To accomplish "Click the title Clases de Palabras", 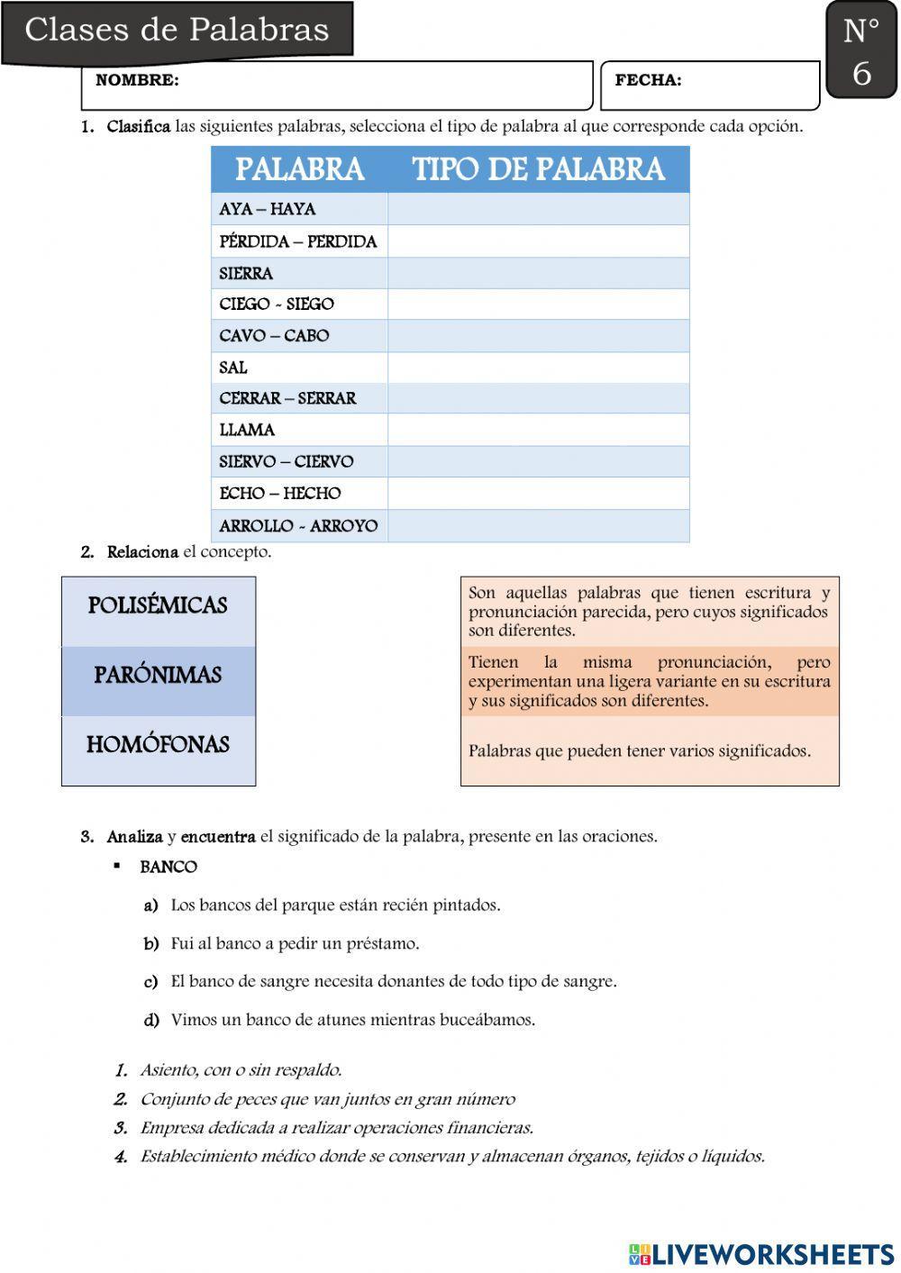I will [x=177, y=30].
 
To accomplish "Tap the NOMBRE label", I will [x=137, y=80].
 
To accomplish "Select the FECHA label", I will [x=648, y=80].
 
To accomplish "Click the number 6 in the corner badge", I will [x=861, y=74].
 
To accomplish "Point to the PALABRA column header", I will [x=299, y=169].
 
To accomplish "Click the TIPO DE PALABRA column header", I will [x=538, y=169].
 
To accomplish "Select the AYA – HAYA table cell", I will [x=268, y=209].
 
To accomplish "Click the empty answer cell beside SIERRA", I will [x=538, y=273].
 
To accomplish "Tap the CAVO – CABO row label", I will [x=274, y=336].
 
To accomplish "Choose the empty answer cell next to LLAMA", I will [x=538, y=430].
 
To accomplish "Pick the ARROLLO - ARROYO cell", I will [x=298, y=525].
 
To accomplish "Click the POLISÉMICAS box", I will [x=158, y=605].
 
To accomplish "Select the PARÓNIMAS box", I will [x=158, y=675].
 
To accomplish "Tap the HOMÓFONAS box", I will [x=158, y=745].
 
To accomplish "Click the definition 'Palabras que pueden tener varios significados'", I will [x=640, y=750].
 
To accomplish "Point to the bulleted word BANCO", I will [x=168, y=867].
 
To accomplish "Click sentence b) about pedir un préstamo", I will [x=295, y=943].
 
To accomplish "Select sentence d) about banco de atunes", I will [x=352, y=1020].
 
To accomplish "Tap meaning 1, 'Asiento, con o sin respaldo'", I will [x=241, y=1070].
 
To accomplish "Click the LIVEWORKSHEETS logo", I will [x=761, y=1254].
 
